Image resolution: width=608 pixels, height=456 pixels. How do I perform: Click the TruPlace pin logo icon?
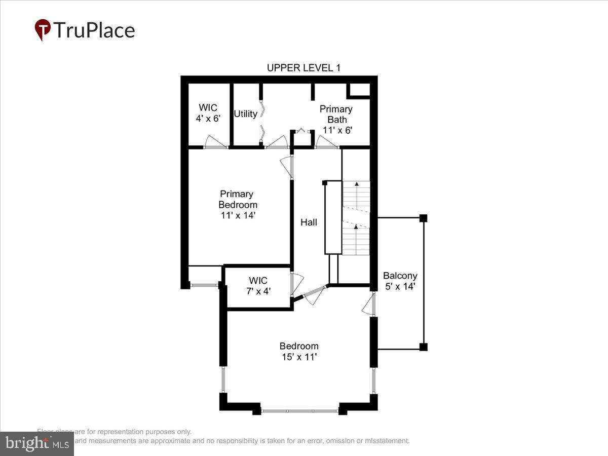pos(43,30)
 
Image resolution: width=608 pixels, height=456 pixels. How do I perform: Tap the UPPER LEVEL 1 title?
pos(303,68)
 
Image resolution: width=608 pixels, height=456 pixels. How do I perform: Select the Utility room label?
pos(245,114)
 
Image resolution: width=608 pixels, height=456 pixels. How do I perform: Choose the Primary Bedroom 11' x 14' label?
pos(237,205)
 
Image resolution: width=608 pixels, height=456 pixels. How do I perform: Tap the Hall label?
pos(309,222)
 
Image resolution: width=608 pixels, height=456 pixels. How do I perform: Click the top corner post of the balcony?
pos(424,218)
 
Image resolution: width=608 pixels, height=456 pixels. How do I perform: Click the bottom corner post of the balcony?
pos(424,347)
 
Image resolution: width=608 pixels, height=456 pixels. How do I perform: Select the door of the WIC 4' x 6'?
pos(215,143)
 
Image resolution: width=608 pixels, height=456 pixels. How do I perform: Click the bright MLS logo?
pos(36,444)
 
